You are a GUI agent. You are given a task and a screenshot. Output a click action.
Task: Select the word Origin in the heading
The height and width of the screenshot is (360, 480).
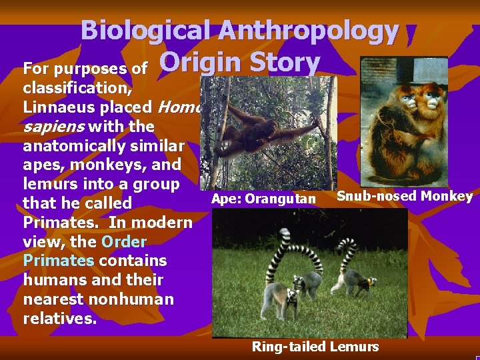tap(203, 63)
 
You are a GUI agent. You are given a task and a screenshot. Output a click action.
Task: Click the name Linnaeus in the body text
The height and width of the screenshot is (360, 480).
tap(87, 106)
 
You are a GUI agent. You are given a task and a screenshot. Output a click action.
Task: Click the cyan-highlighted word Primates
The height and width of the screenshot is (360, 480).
tap(58, 260)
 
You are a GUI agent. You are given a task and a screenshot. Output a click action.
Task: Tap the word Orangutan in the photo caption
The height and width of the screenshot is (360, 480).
tap(281, 199)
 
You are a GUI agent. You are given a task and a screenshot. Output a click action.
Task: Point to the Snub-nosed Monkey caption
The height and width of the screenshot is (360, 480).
tap(405, 196)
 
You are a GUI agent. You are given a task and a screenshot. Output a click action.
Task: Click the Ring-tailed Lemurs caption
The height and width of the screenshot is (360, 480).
tap(315, 346)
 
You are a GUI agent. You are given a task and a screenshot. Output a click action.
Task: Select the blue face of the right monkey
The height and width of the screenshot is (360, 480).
tap(434, 101)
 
